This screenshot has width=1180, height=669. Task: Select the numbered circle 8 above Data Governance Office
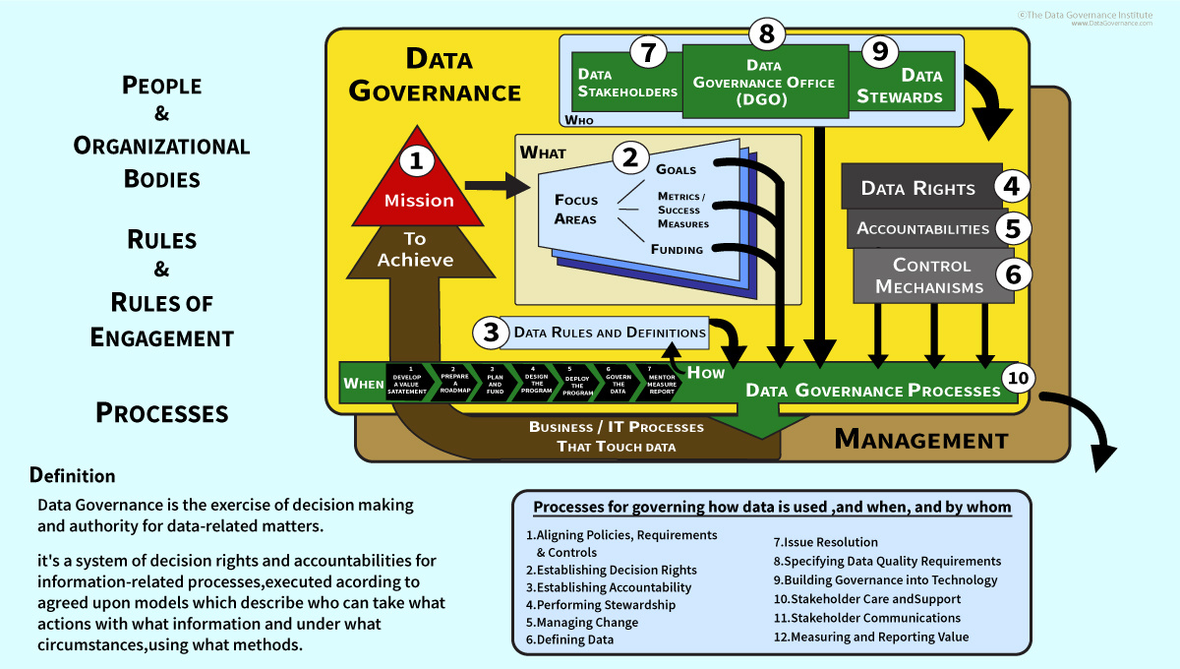point(767,33)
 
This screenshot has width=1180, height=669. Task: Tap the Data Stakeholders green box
point(626,84)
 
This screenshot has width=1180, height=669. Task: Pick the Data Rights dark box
point(918,188)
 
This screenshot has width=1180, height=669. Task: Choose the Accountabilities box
point(922,229)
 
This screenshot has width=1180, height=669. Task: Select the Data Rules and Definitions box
point(610,333)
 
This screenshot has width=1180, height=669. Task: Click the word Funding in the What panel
point(677,249)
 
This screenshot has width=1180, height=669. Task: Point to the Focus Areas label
point(575,210)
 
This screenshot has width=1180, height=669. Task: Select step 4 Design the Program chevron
point(536,383)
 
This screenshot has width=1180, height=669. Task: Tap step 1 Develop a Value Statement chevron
point(407,383)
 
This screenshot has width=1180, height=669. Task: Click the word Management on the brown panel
point(920,440)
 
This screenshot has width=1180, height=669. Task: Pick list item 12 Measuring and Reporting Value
point(870,637)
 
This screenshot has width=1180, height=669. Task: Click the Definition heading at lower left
point(73,476)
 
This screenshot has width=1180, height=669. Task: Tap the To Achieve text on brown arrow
point(415,249)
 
